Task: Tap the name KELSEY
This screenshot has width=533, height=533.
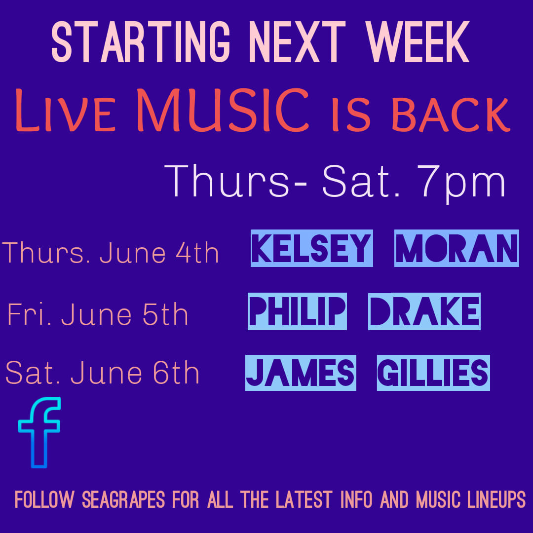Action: click(312, 248)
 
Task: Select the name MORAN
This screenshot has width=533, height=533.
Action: click(457, 248)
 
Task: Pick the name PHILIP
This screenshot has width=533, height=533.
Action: click(297, 311)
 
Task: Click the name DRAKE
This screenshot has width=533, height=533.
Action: click(424, 311)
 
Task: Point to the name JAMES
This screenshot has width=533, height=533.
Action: click(301, 373)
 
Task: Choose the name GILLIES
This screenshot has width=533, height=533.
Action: click(433, 373)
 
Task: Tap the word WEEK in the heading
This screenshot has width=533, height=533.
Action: click(418, 42)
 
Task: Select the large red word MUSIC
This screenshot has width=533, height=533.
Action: click(224, 110)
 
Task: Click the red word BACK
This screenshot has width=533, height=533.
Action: click(451, 114)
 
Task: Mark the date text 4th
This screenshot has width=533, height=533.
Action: click(197, 253)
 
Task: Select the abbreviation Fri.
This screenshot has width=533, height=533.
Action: click(29, 314)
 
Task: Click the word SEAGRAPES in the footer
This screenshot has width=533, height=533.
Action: click(123, 499)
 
